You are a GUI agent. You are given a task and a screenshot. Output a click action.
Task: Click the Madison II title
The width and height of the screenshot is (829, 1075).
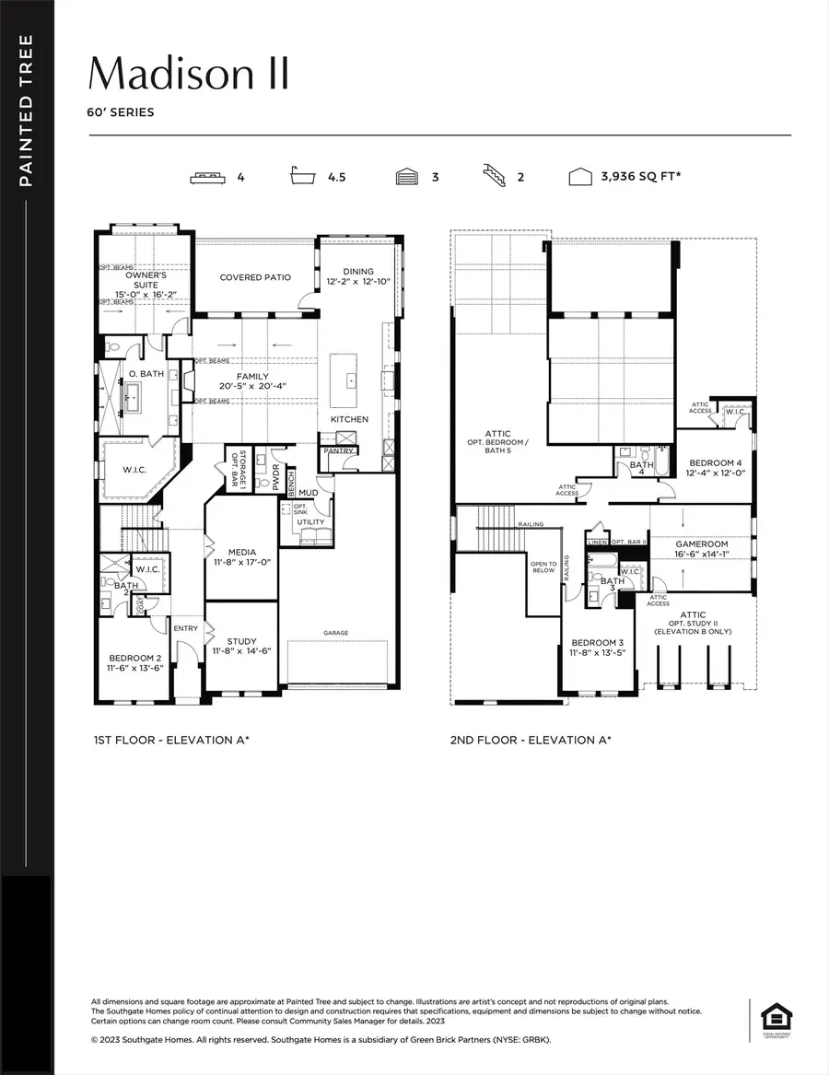(189, 74)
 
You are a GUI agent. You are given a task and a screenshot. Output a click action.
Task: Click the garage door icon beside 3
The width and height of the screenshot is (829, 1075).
(406, 177)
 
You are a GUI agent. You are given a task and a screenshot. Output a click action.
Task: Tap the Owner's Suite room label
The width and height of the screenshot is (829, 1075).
(146, 280)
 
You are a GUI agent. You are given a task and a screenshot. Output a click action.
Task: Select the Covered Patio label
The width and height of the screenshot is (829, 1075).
(255, 277)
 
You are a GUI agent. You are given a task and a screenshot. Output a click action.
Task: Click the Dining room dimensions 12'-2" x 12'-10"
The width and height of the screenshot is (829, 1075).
(358, 282)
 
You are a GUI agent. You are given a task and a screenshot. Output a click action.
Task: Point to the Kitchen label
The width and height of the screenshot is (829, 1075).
(349, 419)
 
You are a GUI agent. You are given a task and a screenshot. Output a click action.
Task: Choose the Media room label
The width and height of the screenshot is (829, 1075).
(241, 553)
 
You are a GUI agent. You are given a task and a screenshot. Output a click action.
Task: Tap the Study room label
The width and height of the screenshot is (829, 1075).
(241, 641)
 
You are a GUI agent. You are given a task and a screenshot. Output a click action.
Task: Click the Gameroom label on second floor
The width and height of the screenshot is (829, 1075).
(702, 544)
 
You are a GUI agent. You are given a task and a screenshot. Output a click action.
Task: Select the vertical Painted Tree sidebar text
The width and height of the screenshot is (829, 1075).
(26, 111)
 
